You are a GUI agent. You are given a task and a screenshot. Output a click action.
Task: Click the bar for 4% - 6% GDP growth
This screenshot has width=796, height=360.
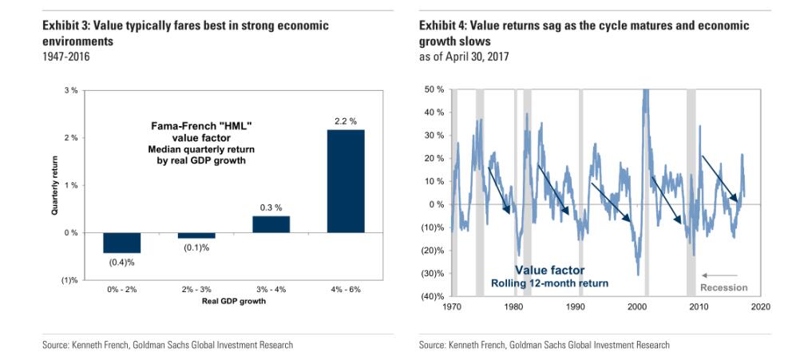click(346, 181)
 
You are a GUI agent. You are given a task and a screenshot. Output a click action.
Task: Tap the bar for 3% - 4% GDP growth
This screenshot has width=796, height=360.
click(271, 224)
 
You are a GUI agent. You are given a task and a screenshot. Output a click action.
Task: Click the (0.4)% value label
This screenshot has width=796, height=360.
click(121, 261)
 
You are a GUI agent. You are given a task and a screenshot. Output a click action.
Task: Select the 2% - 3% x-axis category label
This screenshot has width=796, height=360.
click(196, 288)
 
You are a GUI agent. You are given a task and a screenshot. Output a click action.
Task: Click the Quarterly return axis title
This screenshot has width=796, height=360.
click(55, 185)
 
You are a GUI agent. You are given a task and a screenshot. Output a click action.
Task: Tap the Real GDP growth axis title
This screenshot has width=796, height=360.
click(233, 301)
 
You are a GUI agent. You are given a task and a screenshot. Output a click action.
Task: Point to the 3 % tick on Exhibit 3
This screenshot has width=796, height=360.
click(71, 90)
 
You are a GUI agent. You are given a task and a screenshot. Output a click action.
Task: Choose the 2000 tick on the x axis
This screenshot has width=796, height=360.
click(637, 307)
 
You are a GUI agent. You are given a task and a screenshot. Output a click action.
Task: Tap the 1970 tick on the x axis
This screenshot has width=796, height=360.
click(451, 307)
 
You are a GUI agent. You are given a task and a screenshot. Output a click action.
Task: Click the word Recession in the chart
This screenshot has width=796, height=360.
click(724, 287)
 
